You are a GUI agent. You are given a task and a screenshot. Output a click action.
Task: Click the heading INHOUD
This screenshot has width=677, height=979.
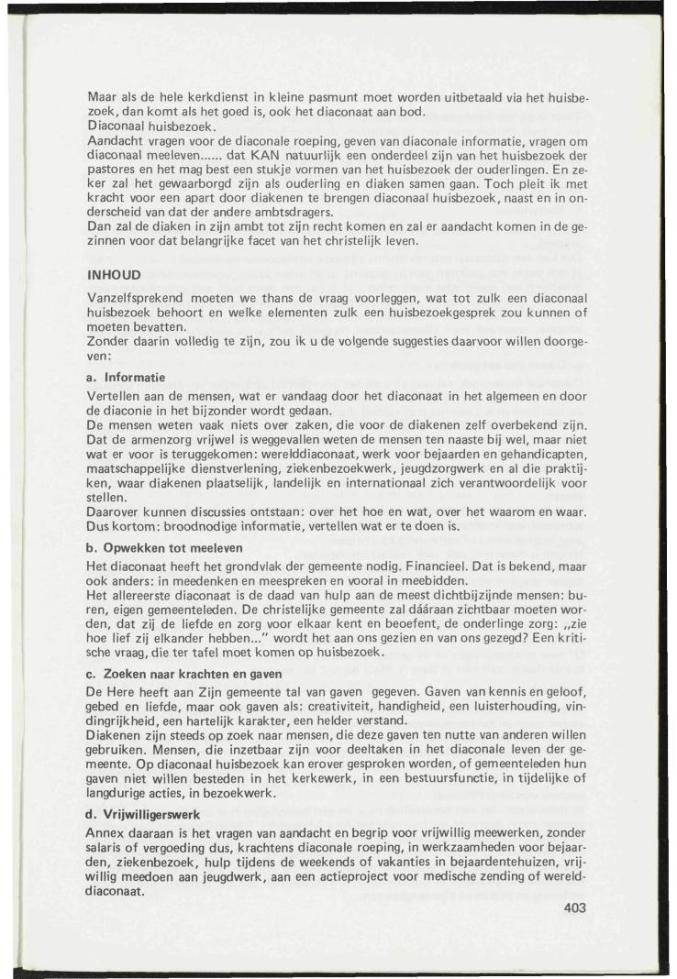pos(113,273)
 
